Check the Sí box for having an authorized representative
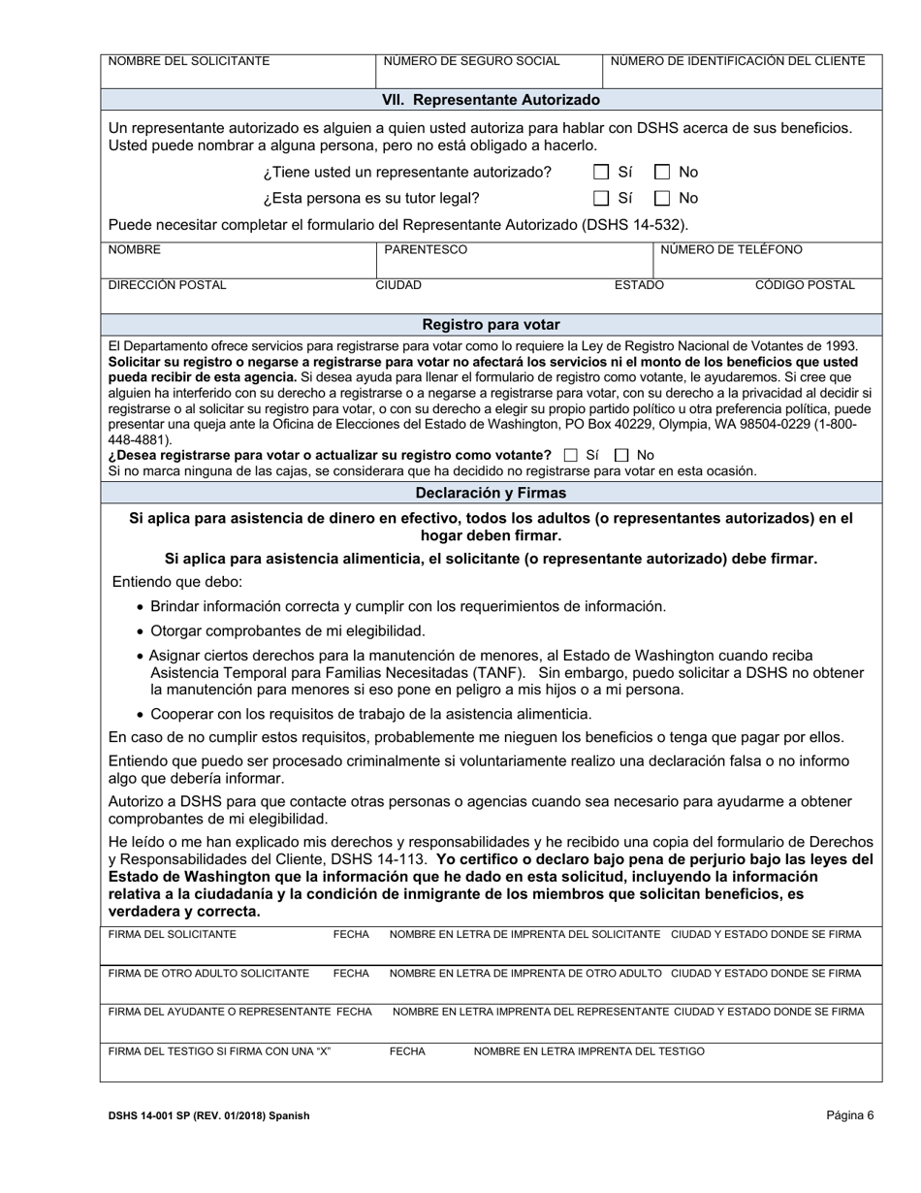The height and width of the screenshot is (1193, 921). tap(601, 173)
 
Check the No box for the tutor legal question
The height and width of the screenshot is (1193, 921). tap(662, 199)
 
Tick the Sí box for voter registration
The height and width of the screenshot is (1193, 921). tap(570, 455)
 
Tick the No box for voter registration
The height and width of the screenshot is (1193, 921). tap(621, 455)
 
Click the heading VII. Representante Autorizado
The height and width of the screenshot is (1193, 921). tap(491, 100)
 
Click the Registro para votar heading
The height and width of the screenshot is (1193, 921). tap(491, 324)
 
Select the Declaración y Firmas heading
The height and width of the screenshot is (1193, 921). tap(491, 493)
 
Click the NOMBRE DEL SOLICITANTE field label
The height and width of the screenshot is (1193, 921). tap(189, 61)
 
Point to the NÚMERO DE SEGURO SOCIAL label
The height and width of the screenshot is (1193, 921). tap(472, 61)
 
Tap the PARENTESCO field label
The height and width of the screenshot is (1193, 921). tap(426, 250)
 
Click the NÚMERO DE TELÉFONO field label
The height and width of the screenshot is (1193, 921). tap(731, 250)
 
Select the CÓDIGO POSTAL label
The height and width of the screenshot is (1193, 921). tap(805, 285)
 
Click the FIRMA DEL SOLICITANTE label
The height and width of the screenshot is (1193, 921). tap(173, 934)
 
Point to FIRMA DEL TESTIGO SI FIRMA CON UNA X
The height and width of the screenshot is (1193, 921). tap(220, 1051)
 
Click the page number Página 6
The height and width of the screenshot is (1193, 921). tap(850, 1115)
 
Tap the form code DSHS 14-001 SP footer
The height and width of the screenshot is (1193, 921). tap(208, 1116)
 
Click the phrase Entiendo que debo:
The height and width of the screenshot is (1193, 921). tap(177, 582)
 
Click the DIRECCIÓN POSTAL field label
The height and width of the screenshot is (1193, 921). tap(167, 285)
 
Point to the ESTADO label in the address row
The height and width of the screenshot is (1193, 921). tap(639, 285)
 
